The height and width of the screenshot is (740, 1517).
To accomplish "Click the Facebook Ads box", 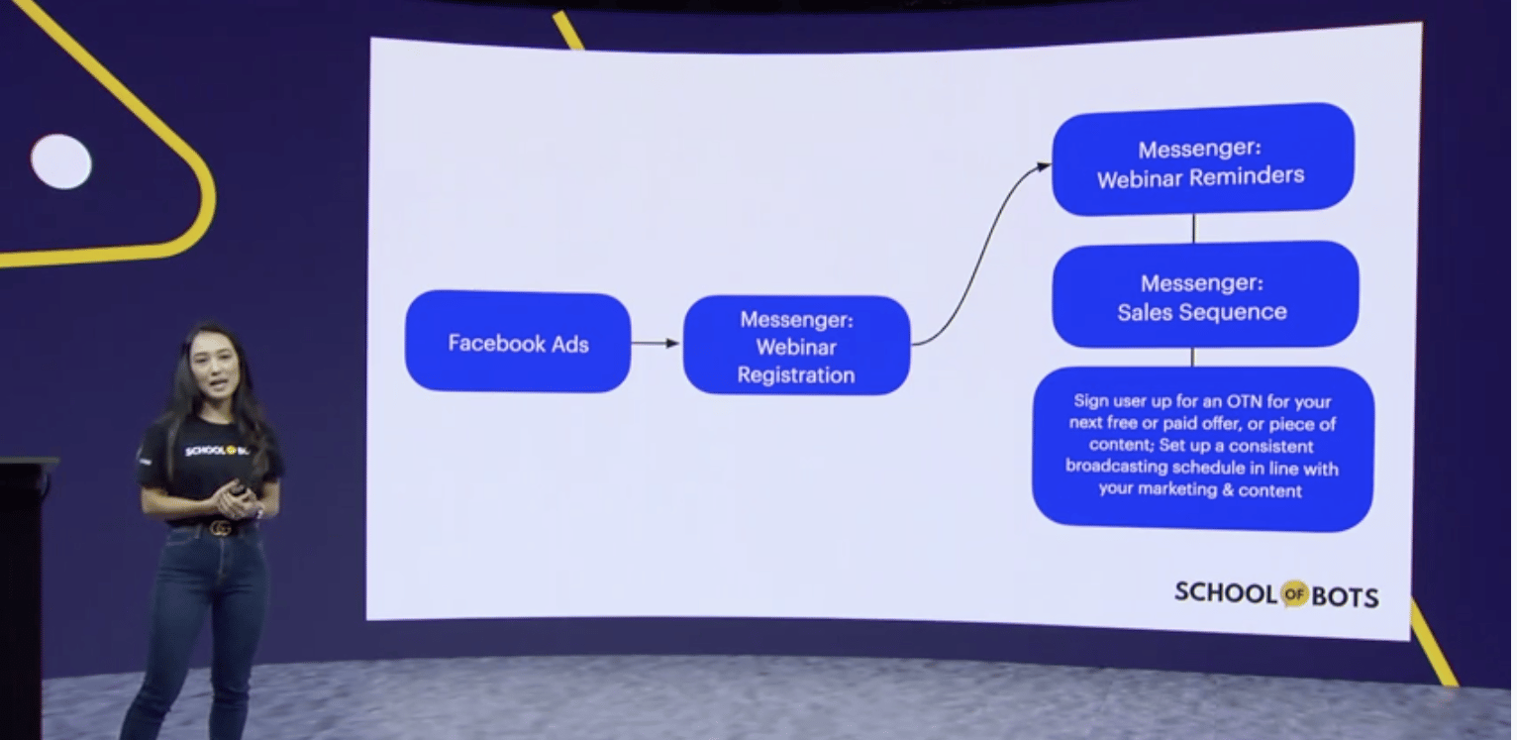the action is tap(518, 342).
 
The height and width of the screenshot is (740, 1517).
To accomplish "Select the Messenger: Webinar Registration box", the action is tap(796, 346).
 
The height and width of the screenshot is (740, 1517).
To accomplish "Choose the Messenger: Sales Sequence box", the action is tap(1205, 295).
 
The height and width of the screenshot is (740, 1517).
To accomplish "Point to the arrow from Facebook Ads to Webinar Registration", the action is tap(656, 344).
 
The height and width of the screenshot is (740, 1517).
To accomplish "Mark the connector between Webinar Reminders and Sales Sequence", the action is tap(1194, 229).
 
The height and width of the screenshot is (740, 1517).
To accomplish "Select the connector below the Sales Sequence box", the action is tap(1192, 358).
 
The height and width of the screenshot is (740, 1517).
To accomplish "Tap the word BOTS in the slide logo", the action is tap(1345, 597).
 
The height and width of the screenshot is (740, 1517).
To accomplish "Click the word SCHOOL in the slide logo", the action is tap(1226, 592).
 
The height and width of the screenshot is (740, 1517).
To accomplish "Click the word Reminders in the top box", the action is tap(1247, 176).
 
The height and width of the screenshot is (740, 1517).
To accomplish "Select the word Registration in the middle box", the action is tap(796, 375).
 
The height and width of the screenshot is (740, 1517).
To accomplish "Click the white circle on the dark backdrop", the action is tap(61, 161).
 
